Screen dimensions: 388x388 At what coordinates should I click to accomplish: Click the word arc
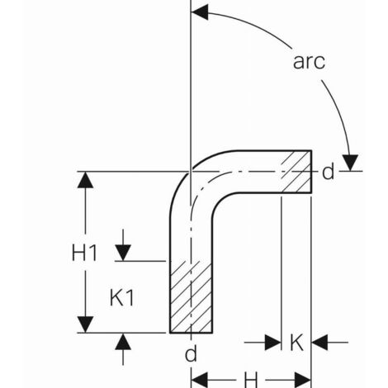[309, 62]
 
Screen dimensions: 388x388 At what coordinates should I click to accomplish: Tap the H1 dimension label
[84, 253]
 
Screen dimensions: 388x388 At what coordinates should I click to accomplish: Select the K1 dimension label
[121, 298]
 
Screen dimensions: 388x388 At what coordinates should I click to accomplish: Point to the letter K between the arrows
[296, 343]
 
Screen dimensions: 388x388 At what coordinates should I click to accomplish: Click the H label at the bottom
[251, 381]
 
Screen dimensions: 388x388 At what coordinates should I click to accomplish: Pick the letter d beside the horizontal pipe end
[328, 172]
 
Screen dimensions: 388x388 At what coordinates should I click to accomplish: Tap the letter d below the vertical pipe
[191, 353]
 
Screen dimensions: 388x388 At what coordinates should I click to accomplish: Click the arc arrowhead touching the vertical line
[200, 12]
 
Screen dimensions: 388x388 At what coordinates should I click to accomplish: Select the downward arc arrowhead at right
[350, 163]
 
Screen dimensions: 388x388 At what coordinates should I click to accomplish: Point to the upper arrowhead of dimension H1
[85, 180]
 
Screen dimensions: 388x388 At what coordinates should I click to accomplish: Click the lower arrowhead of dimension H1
[85, 324]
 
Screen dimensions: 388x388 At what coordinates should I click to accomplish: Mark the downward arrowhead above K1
[123, 253]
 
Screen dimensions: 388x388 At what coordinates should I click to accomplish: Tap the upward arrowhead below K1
[123, 342]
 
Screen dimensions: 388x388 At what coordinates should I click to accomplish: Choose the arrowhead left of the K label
[272, 343]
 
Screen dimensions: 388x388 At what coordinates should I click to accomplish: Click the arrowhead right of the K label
[319, 343]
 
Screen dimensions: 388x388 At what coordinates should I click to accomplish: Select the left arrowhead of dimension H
[199, 381]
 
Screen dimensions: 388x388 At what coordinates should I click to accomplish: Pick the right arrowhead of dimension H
[303, 381]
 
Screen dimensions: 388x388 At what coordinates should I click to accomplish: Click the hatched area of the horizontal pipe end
[296, 172]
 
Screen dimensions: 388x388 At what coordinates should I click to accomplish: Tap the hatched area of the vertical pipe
[191, 297]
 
